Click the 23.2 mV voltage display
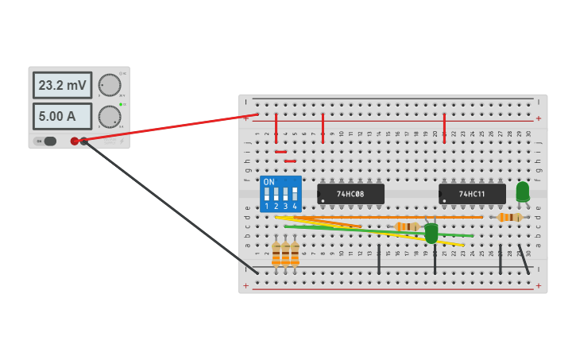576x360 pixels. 62,85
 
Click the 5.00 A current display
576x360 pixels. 62,116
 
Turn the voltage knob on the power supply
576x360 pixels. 110,85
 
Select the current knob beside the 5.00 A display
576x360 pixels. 110,117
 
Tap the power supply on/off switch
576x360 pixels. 46,141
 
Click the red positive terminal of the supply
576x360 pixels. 75,141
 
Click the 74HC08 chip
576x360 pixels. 350,194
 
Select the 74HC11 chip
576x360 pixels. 472,194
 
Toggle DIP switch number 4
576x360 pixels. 295,194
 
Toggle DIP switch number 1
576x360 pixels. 267,194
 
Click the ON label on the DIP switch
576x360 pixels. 269,182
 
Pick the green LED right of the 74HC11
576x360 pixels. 522,192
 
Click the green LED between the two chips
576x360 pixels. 431,233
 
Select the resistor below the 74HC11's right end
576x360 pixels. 508,217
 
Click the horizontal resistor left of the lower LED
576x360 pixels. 407,226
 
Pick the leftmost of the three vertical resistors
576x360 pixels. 276,254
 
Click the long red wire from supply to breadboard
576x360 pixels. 167,129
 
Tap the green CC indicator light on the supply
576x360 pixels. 120,104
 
